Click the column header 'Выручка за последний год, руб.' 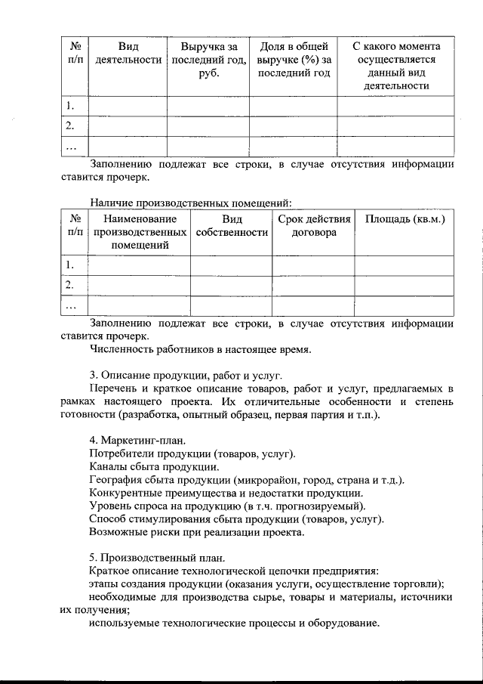(208, 60)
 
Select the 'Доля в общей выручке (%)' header (294, 60)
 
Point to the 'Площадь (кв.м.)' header (405, 219)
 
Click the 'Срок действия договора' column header (314, 226)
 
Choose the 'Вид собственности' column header (232, 226)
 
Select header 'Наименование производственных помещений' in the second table (140, 232)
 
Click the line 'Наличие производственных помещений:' (190, 202)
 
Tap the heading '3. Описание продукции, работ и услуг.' (186, 375)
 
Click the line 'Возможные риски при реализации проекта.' (196, 531)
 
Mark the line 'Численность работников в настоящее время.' (200, 349)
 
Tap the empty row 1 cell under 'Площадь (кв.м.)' (405, 265)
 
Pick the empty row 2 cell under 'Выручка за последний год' (208, 125)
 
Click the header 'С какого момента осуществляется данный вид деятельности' (395, 66)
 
